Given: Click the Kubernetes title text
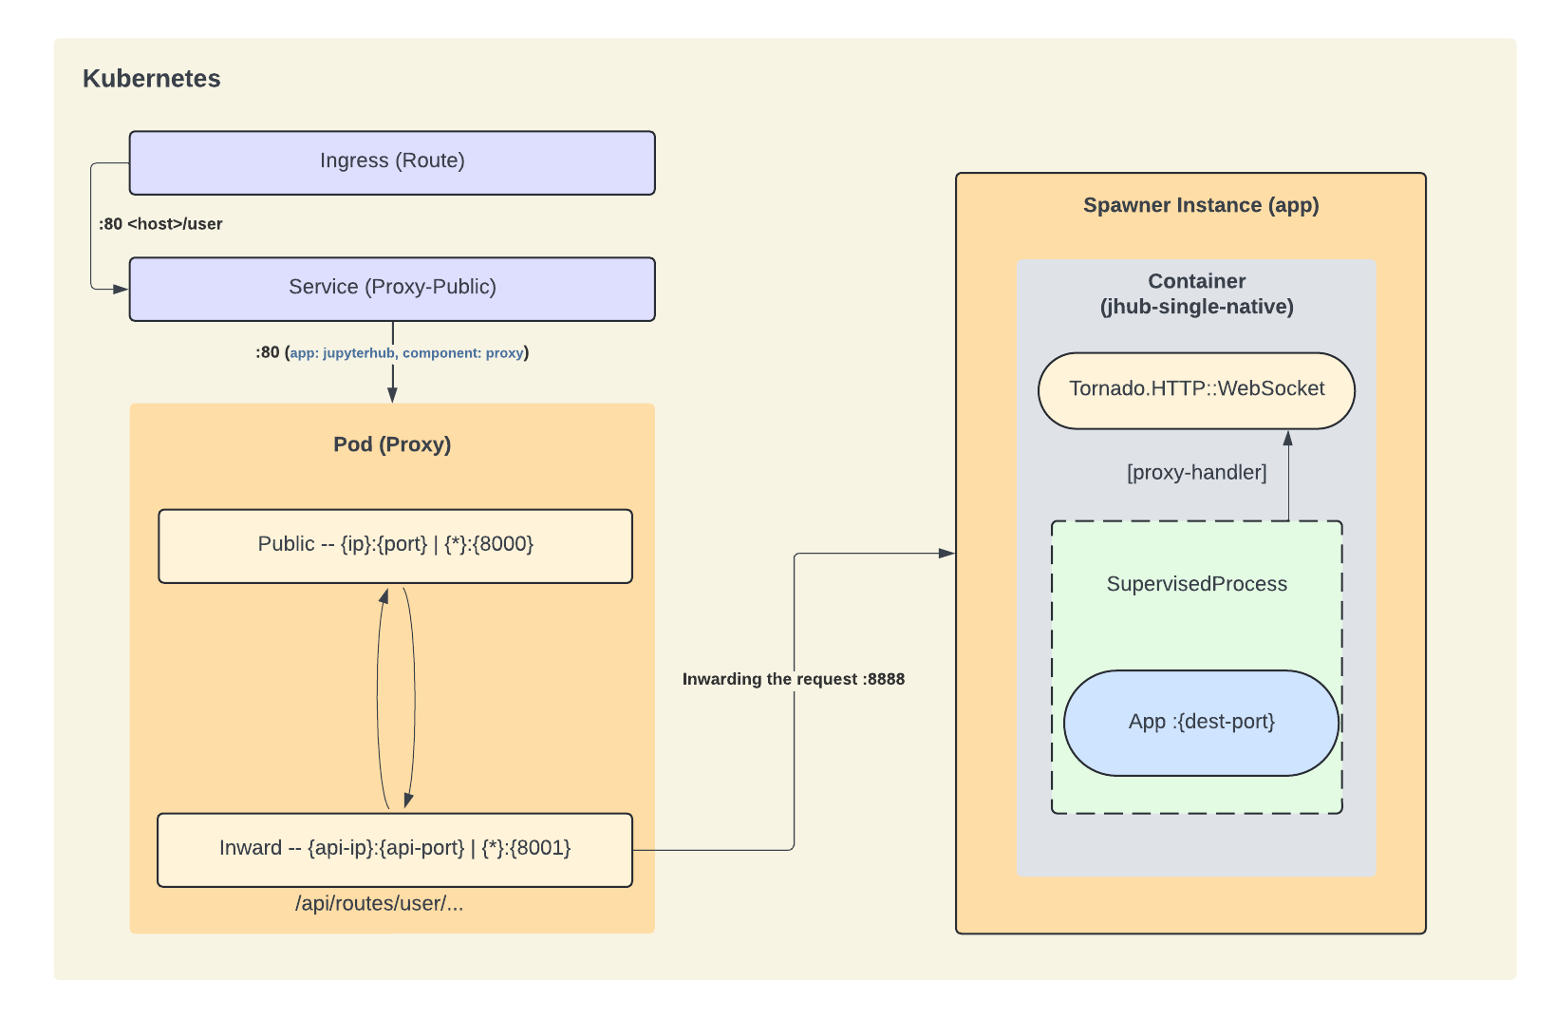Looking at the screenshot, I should click(151, 79).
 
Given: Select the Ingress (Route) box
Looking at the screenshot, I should click(392, 162).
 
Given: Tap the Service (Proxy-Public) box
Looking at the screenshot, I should click(392, 289).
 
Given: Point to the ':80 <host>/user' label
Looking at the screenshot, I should click(160, 224).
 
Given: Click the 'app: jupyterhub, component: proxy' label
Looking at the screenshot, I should click(406, 353).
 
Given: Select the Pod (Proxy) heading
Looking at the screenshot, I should click(392, 444).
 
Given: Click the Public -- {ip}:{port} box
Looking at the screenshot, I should click(395, 546).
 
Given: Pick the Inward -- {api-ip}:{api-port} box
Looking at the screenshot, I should click(395, 849).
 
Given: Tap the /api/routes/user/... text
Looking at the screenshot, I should click(379, 903).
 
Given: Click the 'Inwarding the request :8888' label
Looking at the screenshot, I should click(793, 679).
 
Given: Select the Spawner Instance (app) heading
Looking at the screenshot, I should click(1201, 205).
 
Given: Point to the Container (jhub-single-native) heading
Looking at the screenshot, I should click(1196, 293).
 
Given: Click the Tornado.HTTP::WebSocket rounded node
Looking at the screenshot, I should click(1196, 390).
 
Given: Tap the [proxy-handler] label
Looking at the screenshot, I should click(1196, 472).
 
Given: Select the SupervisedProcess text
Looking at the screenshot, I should click(1196, 584).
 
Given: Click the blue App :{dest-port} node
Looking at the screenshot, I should click(1201, 723).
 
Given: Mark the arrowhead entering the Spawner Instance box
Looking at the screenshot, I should click(947, 553).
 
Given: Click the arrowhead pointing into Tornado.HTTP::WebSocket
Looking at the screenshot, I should click(1288, 439).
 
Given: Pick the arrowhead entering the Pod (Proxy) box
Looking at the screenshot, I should click(392, 395).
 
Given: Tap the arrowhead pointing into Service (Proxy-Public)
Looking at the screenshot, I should click(121, 289).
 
